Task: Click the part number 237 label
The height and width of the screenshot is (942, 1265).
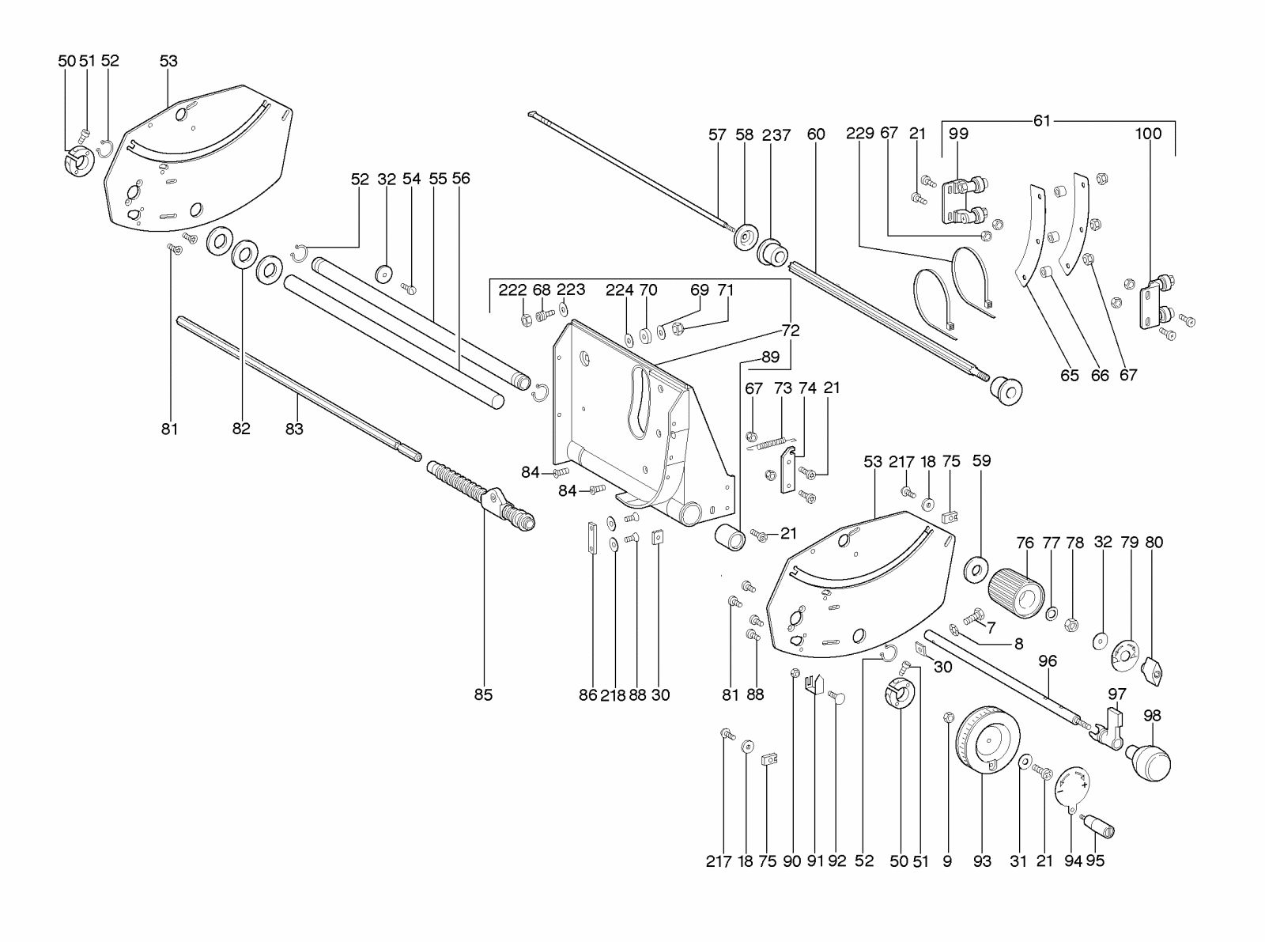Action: [776, 135]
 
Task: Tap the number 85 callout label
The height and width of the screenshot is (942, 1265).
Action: [483, 694]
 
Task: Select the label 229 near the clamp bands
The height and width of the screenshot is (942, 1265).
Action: [860, 133]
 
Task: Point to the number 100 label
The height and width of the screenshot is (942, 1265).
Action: [1148, 134]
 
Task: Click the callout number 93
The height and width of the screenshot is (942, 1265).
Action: [982, 861]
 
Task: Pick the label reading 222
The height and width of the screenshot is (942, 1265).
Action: [512, 290]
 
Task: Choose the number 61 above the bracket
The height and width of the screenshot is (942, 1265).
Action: [1042, 120]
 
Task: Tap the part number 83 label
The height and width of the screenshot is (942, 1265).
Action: [295, 429]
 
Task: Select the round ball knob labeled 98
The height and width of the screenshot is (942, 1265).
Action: [1151, 760]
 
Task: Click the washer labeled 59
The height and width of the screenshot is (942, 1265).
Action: [977, 568]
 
